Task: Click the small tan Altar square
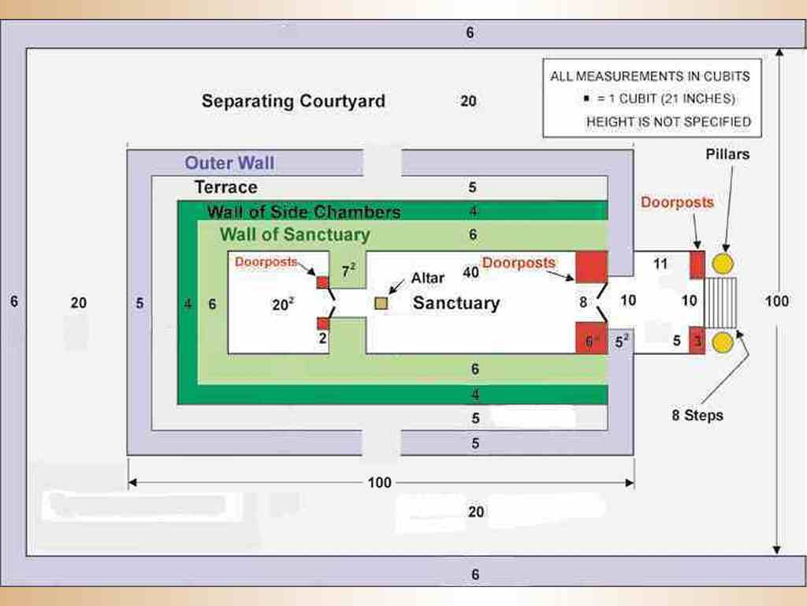[x=381, y=303]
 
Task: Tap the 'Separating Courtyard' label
[x=293, y=101]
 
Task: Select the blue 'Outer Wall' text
[x=230, y=163]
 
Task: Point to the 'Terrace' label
[x=226, y=187]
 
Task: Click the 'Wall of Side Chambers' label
[x=303, y=211]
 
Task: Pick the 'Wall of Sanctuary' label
[x=295, y=234]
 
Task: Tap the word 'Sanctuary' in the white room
[x=456, y=303]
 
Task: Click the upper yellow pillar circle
[x=723, y=264]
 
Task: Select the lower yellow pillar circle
[x=723, y=342]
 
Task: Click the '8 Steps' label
[x=697, y=415]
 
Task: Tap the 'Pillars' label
[x=727, y=155]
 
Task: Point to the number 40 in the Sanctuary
[x=471, y=272]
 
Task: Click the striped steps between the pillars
[x=720, y=303]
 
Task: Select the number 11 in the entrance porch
[x=660, y=264]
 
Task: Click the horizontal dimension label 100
[x=379, y=483]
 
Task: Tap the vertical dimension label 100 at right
[x=777, y=301]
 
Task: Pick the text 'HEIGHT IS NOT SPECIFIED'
[x=668, y=122]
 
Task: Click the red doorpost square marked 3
[x=697, y=342]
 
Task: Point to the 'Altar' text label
[x=428, y=279]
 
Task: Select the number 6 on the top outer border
[x=470, y=33]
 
